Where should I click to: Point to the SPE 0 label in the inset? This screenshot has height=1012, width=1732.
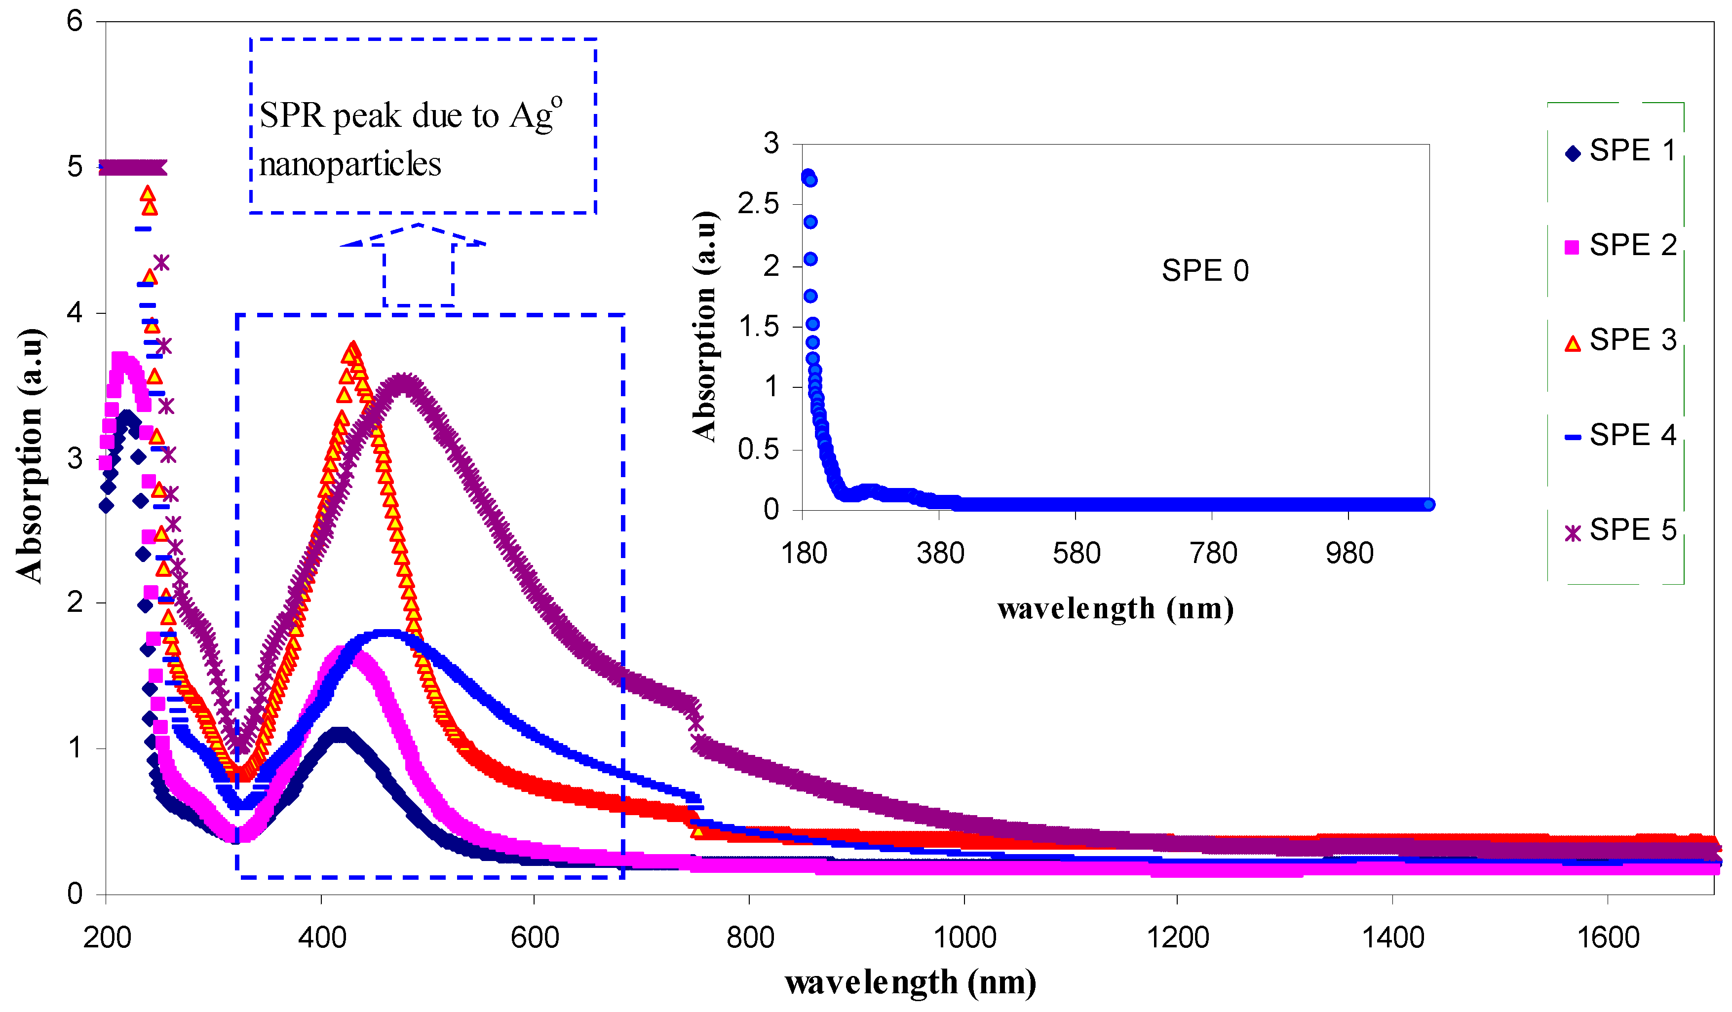point(1205,271)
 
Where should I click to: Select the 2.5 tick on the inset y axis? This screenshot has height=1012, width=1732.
point(758,204)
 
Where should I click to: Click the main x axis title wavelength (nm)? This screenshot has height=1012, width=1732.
point(910,982)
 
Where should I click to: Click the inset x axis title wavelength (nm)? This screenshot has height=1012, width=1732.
point(1115,609)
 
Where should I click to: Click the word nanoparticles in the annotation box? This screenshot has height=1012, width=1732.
point(350,165)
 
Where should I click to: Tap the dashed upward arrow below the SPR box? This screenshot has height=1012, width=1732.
point(418,264)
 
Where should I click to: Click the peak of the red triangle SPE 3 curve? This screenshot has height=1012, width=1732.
point(352,349)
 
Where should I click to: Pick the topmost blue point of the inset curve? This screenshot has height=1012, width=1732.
point(808,176)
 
